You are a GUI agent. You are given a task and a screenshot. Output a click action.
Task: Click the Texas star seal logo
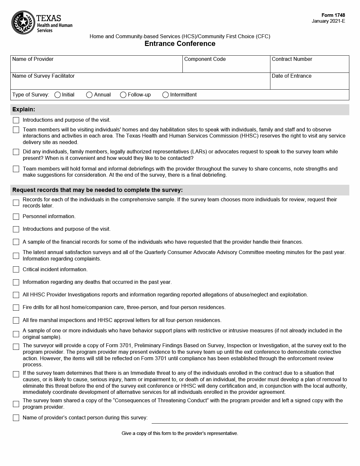coord(23,22)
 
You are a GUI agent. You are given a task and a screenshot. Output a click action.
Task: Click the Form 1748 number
coord(333,15)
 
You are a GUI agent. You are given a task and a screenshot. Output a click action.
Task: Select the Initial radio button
coord(58,95)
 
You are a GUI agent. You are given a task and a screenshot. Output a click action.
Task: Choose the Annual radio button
coord(89,95)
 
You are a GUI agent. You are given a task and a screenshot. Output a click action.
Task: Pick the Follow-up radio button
coord(123,95)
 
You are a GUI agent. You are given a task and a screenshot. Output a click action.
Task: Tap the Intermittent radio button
coord(165,95)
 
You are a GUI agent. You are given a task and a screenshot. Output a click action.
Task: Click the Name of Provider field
coord(96,66)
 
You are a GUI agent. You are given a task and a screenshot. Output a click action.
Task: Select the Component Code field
coord(226,66)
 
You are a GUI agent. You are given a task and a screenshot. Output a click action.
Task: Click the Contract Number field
coord(310,66)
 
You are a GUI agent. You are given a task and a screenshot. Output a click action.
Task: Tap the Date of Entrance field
coord(310,83)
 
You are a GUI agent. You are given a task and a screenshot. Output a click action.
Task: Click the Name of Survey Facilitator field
coord(140,83)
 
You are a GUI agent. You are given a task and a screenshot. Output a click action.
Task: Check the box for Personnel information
coord(16,216)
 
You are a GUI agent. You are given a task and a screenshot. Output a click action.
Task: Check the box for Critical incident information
coord(16,270)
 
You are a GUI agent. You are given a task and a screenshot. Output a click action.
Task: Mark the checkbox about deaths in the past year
coord(16,282)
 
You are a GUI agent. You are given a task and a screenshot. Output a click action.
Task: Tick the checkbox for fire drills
coord(16,307)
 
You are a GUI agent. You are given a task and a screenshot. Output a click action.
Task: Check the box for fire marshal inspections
coord(16,320)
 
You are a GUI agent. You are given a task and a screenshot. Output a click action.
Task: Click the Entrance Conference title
coord(180,44)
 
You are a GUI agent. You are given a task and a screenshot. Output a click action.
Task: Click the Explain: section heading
coord(24,109)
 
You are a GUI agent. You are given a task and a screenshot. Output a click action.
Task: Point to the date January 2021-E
coord(328,21)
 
